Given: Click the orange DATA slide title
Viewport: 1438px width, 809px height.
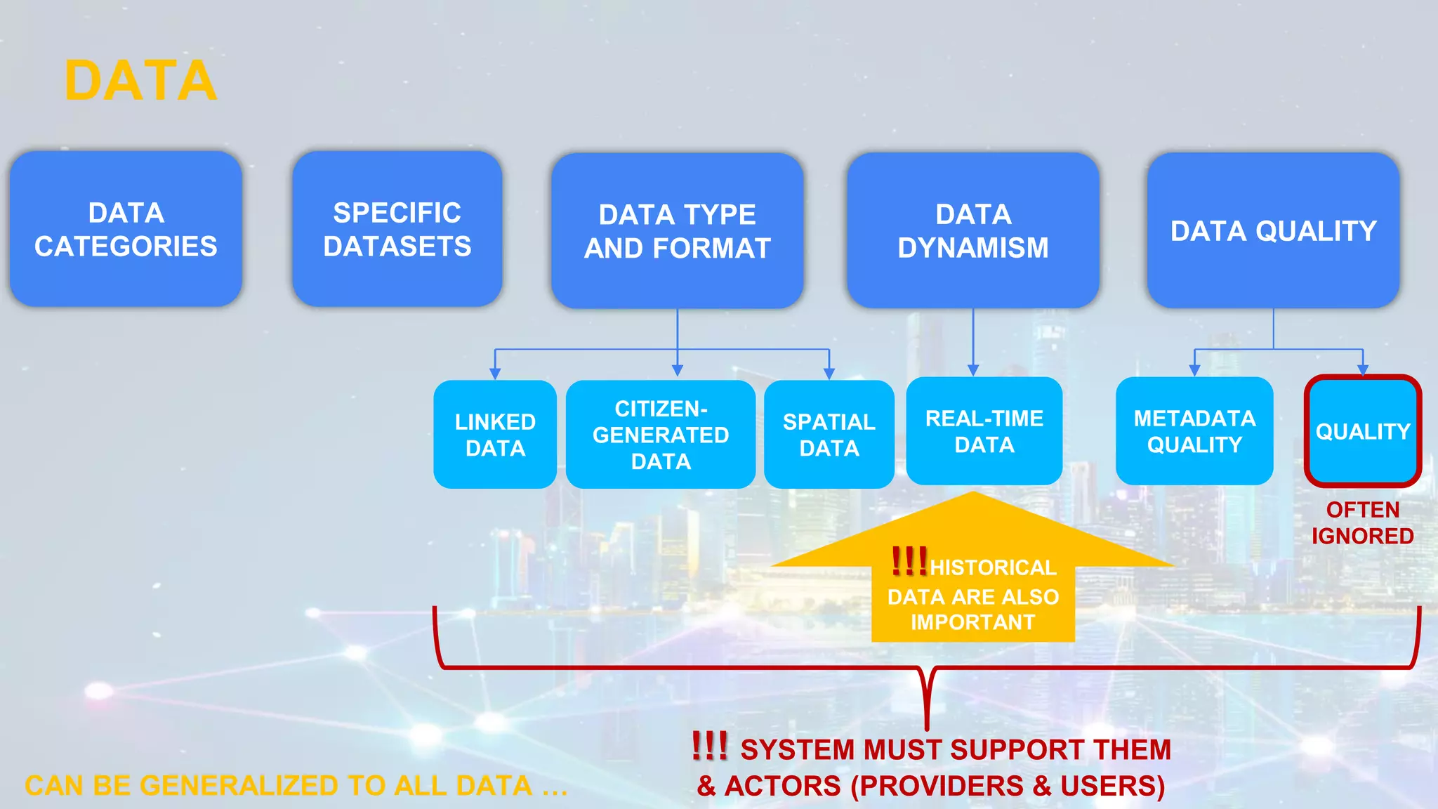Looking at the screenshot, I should coord(140,81).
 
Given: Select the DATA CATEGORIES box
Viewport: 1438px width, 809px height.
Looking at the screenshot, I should coord(126,229).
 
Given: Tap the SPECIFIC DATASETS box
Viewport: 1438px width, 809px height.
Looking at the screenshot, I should coord(397,229).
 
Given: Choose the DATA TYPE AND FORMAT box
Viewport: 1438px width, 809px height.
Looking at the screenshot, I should coord(677,231).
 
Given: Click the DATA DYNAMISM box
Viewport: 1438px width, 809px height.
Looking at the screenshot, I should coord(972,230).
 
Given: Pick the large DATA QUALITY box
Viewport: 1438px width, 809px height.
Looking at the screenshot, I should coord(1273,231).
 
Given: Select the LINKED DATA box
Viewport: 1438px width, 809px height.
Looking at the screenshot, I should coord(495,435).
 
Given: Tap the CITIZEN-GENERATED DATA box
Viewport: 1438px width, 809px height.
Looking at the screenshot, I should coord(661,435).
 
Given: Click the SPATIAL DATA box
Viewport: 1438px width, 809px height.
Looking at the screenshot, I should coord(829,435).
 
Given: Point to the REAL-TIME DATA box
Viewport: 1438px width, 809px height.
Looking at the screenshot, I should coord(984,431).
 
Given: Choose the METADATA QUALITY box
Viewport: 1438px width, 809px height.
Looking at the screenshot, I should coord(1194,431).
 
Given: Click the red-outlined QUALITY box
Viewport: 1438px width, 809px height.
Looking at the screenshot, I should coord(1362,431).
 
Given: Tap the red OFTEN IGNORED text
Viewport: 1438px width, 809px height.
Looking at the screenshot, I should coord(1362,522).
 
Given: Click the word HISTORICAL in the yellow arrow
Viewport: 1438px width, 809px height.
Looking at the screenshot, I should coord(993,567).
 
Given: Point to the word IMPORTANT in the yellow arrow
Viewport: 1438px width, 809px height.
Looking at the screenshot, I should coord(972,622).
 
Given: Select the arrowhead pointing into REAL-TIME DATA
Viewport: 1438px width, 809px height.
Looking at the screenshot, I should coord(973,370).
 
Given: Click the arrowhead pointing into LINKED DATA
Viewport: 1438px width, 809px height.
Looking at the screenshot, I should coord(495,374).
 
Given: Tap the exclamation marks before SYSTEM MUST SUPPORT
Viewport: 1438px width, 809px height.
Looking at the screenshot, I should coord(709,746).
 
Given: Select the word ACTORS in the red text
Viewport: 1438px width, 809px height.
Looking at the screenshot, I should coord(782,786).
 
